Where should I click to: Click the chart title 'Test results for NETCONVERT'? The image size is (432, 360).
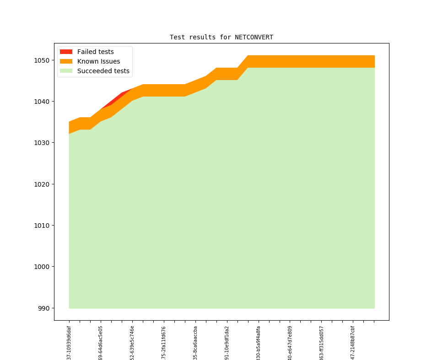221,37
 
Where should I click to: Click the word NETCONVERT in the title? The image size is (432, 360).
254,37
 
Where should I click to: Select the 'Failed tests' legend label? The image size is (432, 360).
95,52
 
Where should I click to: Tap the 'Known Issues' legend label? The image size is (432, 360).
98,61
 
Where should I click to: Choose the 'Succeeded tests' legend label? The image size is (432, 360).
103,71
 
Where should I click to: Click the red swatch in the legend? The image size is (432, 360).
66,52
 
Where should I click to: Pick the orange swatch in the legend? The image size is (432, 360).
66,61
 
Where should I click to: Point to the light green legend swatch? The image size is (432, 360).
66,71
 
